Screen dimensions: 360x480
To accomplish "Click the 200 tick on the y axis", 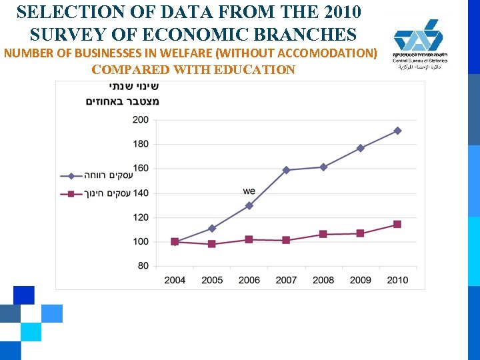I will point(141,120).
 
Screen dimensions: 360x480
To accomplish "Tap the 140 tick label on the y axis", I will point(141,193).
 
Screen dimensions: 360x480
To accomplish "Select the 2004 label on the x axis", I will point(175,280).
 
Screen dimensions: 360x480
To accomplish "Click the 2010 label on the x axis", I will point(397,280).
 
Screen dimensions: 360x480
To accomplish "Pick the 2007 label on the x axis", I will point(286,280).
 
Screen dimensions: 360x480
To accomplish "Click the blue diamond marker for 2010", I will point(397,131).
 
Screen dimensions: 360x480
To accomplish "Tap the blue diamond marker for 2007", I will point(286,170).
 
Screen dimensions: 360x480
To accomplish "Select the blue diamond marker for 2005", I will point(212,228).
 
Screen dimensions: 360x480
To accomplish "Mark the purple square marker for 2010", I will point(397,225).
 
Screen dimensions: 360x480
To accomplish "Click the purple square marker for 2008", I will point(323,234).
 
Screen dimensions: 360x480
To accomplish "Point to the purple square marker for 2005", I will point(212,244).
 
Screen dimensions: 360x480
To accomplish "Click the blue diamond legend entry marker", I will point(71,176).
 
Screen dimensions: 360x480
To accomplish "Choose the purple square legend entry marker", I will point(71,193).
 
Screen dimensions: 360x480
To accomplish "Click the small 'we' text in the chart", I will point(249,191).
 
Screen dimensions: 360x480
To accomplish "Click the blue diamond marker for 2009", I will point(360,148).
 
